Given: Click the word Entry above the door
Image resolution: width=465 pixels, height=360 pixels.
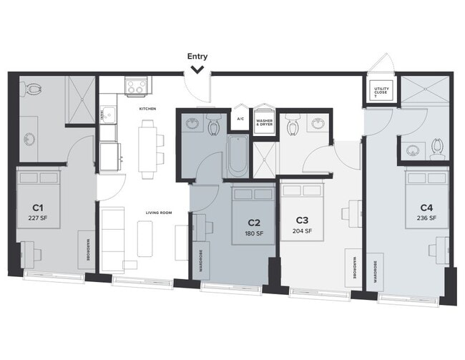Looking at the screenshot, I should click(197, 57).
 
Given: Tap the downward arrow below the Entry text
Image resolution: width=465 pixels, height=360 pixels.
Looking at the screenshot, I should click(197, 69).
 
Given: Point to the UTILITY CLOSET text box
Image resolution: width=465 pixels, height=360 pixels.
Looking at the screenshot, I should click(379, 91).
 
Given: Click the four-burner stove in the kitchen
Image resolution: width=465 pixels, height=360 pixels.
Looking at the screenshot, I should click(136, 87).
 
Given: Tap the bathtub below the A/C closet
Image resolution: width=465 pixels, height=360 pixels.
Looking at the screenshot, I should click(237, 155).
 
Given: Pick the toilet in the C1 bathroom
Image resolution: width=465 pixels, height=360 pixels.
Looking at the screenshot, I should click(31, 88).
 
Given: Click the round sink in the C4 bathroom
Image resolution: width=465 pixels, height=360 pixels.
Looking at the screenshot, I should click(412, 150).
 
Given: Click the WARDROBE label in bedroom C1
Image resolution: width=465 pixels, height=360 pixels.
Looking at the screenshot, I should click(83, 250).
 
